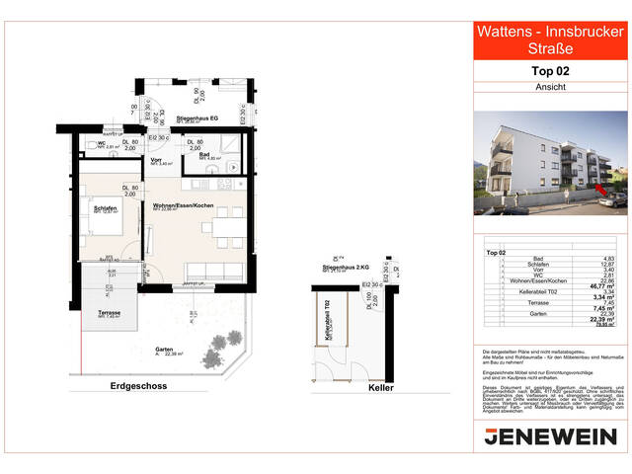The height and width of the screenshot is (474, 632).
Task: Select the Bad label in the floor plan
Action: click(x=203, y=154)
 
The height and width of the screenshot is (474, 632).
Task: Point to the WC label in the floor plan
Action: click(x=101, y=145)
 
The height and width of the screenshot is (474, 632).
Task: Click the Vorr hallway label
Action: click(x=156, y=160)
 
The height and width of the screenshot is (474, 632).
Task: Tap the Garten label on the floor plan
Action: click(x=164, y=350)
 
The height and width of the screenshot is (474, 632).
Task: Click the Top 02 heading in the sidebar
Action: click(x=551, y=71)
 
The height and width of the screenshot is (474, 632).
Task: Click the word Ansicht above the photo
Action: click(x=551, y=88)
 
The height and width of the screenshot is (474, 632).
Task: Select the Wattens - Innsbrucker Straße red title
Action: click(x=551, y=40)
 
